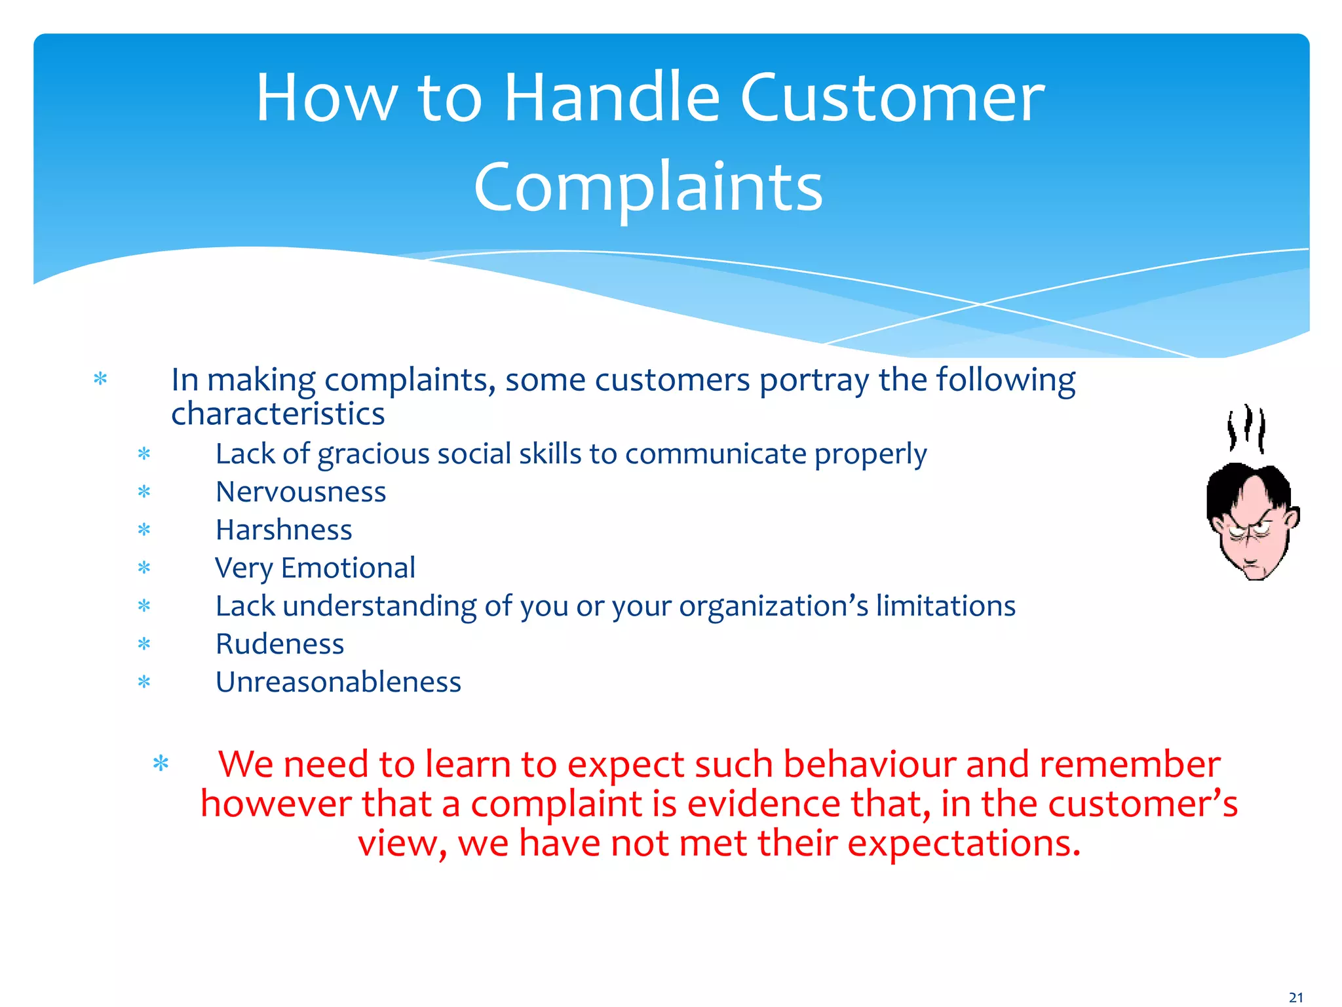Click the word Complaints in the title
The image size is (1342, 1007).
(647, 188)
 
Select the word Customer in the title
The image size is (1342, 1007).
(892, 98)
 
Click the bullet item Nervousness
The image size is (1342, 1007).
(301, 492)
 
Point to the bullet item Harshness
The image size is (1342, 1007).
(284, 530)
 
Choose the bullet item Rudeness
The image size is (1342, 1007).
(280, 644)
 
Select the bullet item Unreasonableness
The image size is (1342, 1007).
(338, 682)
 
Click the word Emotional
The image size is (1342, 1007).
(348, 568)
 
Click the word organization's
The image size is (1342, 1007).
(773, 606)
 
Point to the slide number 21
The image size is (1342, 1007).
(1295, 997)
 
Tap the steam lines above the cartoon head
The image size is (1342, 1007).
(1246, 427)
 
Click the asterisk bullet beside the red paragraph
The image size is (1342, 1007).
(161, 764)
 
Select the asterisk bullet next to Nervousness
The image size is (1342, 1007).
(144, 492)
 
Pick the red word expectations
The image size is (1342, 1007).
(963, 843)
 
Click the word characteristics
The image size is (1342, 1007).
(278, 414)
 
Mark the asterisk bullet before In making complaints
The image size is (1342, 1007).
(100, 379)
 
